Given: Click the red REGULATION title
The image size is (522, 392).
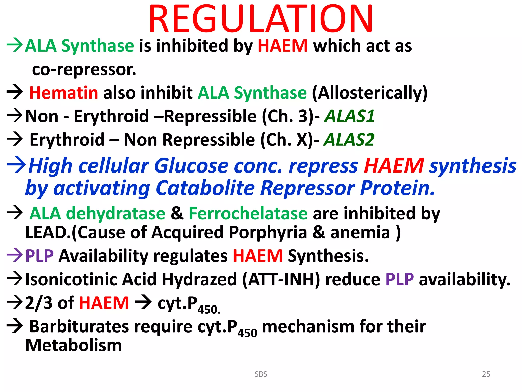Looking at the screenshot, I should (260, 19).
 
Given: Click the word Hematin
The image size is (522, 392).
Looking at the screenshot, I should (63, 93).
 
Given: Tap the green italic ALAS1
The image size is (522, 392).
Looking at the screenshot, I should (349, 116).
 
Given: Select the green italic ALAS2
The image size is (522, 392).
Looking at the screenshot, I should (349, 140).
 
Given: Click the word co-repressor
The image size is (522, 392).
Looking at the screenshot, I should (84, 70).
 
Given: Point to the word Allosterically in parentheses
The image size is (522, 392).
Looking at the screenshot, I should (370, 93).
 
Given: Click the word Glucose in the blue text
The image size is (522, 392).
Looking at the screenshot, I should (191, 166).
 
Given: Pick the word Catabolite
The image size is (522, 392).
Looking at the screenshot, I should (205, 188).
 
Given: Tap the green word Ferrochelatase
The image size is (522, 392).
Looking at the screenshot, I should (248, 213).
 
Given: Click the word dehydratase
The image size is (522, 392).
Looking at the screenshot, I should (115, 213).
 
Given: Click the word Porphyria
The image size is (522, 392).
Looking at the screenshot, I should (268, 232).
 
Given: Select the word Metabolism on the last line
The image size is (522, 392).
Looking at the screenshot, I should (73, 345).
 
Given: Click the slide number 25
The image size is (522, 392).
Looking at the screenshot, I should (486, 374).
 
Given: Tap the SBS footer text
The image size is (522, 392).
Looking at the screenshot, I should (261, 374).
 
